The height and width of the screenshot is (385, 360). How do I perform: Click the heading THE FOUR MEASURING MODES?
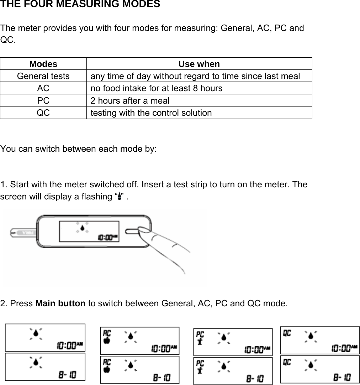pos(80,5)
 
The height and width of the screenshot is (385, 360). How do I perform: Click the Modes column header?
pos(43,64)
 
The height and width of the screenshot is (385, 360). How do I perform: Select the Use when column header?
pos(199,64)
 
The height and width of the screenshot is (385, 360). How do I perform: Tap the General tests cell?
pos(43,76)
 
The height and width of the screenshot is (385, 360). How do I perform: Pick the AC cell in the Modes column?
pos(43,88)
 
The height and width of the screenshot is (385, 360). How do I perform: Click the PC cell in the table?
pos(43,101)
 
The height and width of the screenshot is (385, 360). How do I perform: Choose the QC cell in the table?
pos(43,113)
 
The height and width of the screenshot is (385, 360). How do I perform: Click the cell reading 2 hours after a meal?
pos(130,101)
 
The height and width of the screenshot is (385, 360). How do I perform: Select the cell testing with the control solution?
pos(151,113)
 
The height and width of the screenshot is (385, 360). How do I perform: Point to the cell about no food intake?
pos(156,88)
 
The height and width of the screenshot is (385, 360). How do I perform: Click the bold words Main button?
pos(60,304)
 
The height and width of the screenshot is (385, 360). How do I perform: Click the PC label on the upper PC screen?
pos(200,334)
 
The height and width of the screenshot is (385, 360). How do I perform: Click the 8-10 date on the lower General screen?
pos(67,375)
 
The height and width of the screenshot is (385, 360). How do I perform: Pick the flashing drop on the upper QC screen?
pos(311,335)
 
